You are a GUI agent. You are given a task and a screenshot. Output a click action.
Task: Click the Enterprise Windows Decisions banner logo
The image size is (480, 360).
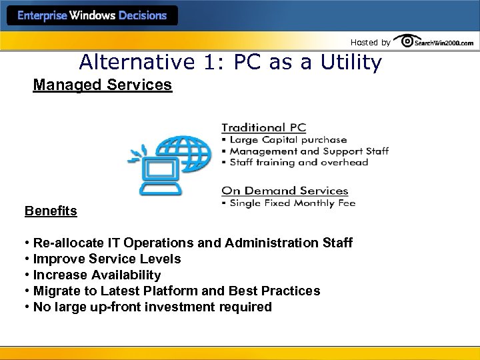[92, 15]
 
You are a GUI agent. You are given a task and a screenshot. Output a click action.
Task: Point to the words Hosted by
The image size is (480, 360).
[371, 43]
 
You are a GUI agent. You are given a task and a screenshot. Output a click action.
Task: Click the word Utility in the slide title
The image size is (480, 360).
[347, 63]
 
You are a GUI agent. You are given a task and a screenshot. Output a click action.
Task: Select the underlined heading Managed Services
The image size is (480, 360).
[103, 86]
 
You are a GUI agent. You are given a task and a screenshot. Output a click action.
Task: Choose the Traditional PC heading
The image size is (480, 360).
[263, 127]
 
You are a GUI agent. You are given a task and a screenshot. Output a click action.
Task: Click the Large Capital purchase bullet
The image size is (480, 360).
[287, 140]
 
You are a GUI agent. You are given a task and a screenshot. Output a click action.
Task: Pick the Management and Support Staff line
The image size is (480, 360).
[309, 151]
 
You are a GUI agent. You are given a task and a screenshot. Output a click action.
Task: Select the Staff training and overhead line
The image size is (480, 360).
[298, 162]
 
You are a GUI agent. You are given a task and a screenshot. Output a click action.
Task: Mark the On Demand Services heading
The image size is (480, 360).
[285, 191]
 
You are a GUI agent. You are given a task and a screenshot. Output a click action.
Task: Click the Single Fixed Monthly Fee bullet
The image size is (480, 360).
[291, 203]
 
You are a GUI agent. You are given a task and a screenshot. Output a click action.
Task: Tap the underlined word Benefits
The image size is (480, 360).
[51, 211]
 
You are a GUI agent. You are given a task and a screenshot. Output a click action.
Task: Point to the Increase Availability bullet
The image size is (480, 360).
[96, 275]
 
